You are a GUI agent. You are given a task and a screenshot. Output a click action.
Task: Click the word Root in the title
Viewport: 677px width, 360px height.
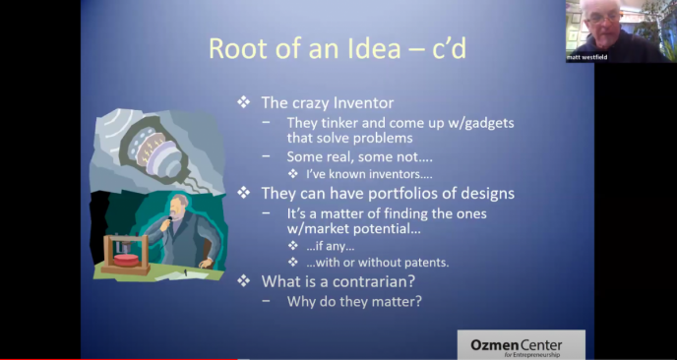[237, 49]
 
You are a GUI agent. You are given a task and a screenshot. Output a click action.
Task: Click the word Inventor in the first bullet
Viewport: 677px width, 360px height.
[363, 102]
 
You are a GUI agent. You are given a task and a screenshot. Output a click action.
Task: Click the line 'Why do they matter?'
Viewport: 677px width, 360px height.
[354, 301]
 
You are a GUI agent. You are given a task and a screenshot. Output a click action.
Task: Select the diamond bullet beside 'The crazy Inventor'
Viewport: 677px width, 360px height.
[243, 102]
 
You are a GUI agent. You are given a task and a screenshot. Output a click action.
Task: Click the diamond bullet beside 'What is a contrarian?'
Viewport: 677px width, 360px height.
[243, 281]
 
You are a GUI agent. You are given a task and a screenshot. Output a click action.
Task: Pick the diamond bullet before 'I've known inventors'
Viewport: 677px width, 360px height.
[293, 174]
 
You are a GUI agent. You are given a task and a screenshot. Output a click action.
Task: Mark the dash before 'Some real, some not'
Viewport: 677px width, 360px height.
[267, 157]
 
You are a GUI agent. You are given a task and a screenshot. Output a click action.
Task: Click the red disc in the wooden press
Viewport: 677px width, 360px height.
[126, 260]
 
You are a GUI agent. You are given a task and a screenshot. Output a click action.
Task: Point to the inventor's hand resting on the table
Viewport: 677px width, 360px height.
[207, 262]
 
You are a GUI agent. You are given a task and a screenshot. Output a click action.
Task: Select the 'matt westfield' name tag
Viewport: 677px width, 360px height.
[586, 57]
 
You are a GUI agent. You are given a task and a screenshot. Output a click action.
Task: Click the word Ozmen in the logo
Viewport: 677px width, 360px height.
[491, 345]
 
